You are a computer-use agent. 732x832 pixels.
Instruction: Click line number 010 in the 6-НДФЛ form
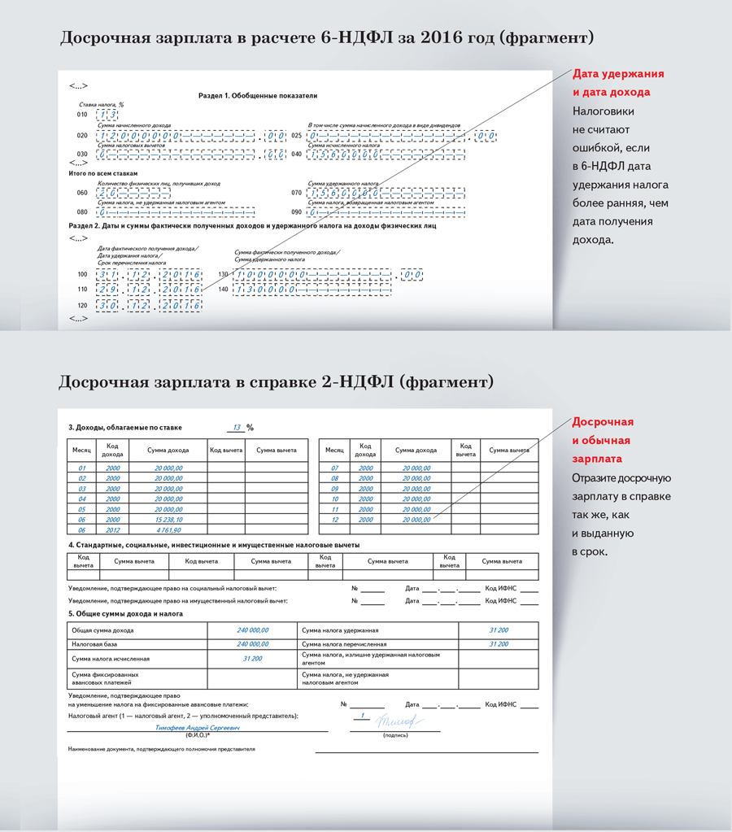click(x=82, y=115)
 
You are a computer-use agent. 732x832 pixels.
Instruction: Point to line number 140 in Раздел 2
click(x=223, y=290)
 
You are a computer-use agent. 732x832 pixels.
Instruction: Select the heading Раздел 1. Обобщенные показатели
click(x=258, y=96)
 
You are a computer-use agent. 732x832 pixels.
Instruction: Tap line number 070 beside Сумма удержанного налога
click(x=297, y=194)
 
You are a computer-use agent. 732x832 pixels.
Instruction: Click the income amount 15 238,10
click(x=168, y=519)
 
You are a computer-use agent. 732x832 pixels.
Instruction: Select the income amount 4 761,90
click(x=168, y=529)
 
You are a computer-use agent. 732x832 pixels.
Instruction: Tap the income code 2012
click(x=113, y=529)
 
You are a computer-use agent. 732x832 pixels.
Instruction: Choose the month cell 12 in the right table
click(x=334, y=519)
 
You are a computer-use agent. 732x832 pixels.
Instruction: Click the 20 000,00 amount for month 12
click(x=416, y=519)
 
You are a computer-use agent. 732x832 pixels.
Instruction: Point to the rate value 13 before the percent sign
click(x=236, y=427)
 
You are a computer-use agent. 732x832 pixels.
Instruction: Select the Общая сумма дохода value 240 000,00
click(x=253, y=630)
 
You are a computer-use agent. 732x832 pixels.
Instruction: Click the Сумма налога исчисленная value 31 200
click(x=253, y=658)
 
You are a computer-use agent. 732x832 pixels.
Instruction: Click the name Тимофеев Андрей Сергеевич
click(x=198, y=728)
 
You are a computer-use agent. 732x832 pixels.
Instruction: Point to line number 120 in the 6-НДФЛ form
click(x=82, y=305)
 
